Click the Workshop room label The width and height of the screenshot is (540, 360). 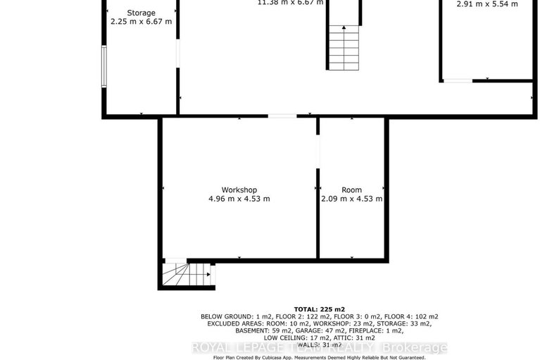(239, 190)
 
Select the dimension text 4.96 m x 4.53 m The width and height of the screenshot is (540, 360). (239, 199)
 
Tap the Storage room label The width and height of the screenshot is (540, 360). (141, 13)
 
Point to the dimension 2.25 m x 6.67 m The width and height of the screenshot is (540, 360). (141, 22)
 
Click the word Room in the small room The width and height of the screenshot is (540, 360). (351, 190)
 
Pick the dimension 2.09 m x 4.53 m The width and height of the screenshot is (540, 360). (351, 199)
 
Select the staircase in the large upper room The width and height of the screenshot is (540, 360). (344, 44)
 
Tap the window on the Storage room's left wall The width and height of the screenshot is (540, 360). (104, 66)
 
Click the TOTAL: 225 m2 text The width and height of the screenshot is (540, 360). (319, 309)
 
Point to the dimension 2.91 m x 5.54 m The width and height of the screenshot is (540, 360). (487, 4)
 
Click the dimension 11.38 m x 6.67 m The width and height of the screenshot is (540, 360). (291, 2)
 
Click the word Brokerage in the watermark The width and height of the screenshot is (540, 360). (413, 347)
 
